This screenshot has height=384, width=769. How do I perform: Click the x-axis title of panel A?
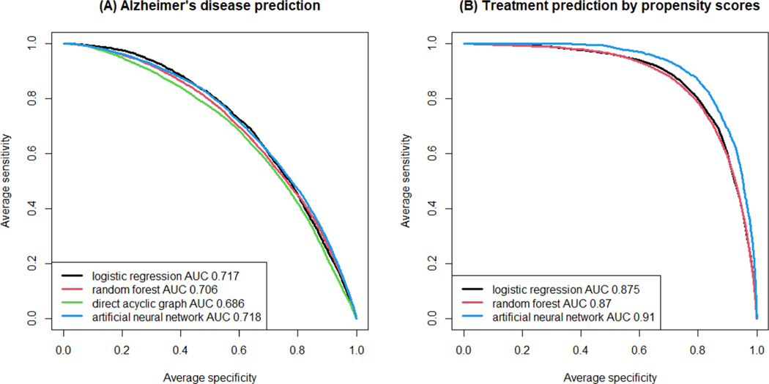(x=210, y=377)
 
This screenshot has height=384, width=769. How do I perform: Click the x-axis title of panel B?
(x=610, y=377)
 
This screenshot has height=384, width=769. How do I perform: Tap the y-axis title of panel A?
(x=7, y=181)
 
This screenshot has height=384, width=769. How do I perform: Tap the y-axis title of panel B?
(x=407, y=181)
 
